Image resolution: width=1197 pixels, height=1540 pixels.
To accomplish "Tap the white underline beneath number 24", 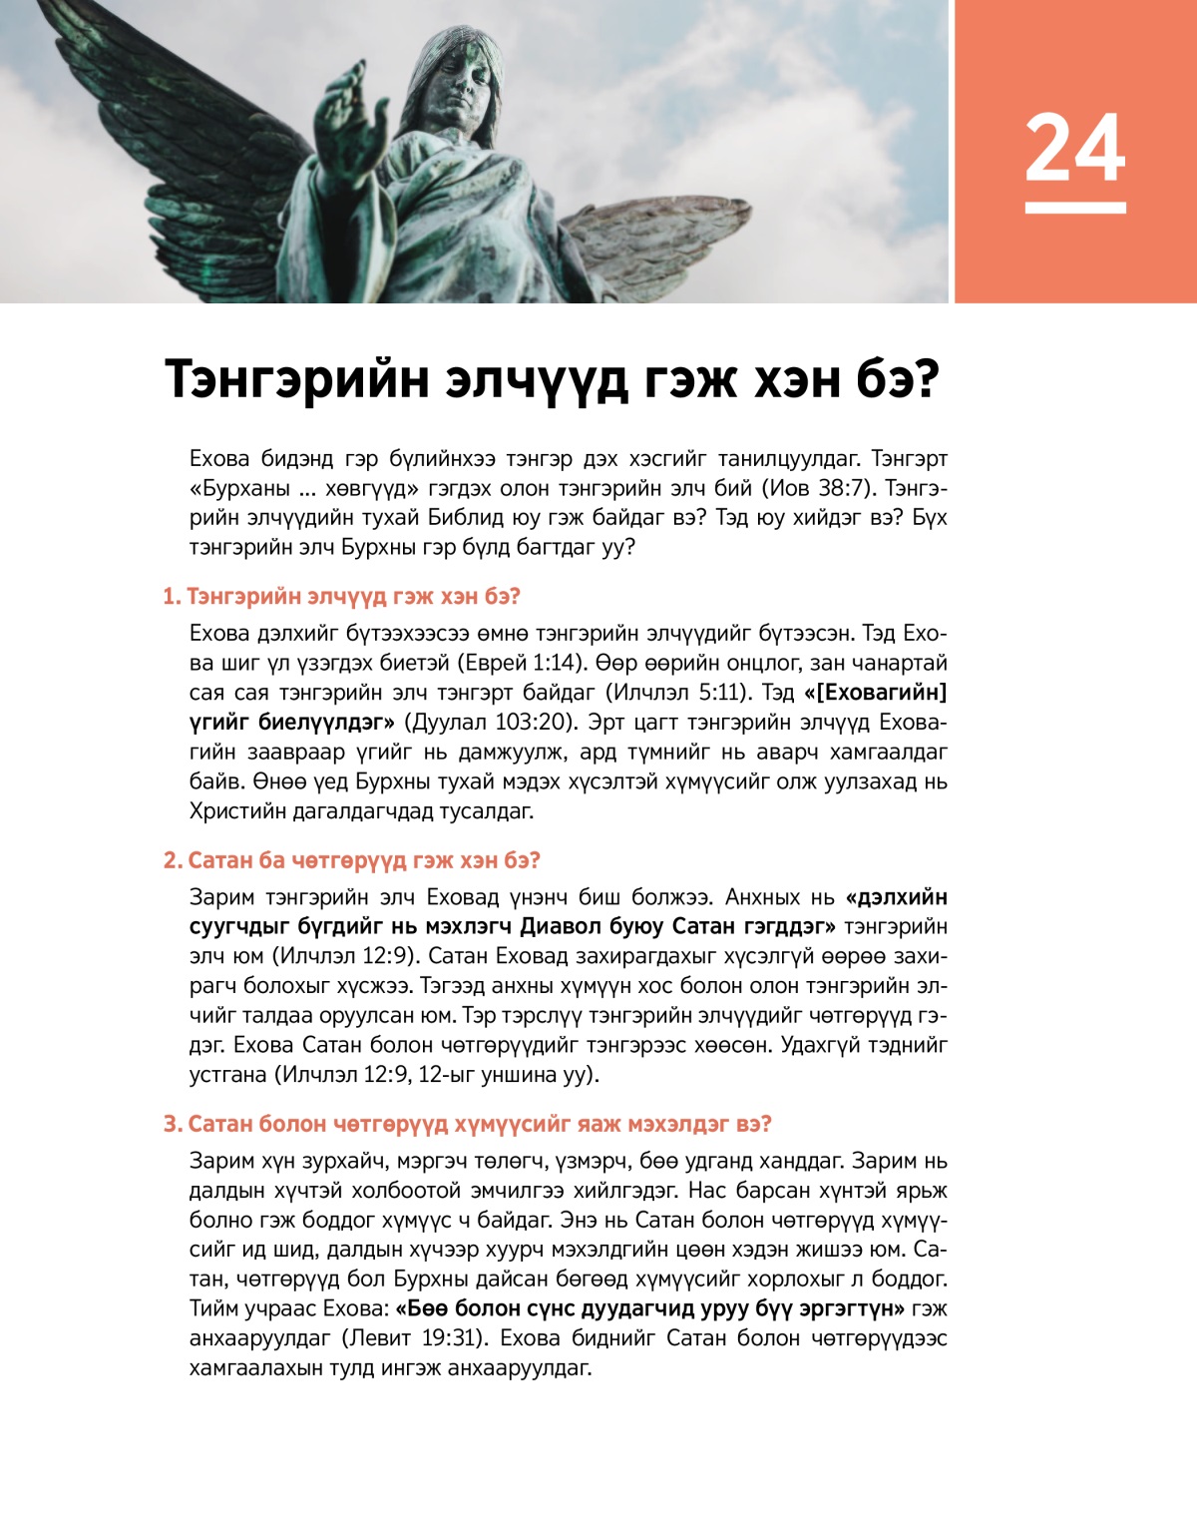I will [1074, 208].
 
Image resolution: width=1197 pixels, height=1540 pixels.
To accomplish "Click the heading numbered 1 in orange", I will [341, 597].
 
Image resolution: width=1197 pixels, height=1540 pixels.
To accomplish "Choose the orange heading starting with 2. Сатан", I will [351, 860].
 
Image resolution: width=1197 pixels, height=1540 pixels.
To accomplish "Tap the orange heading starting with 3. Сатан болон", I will [467, 1124].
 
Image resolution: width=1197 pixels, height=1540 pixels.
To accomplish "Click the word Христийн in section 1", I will [236, 810].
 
